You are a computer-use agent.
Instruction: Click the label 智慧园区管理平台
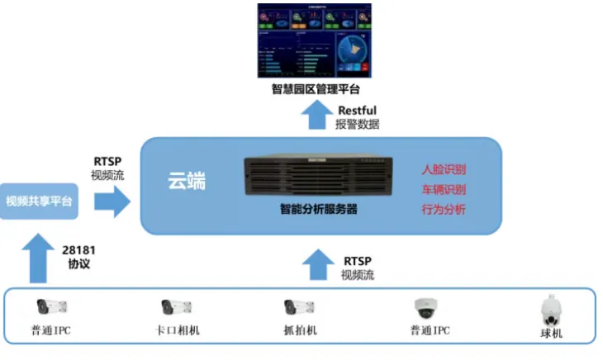coord(316,89)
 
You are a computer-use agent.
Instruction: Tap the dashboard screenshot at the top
coord(314,40)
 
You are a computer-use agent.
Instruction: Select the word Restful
coord(357,111)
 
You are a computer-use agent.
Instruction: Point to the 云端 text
coord(186,180)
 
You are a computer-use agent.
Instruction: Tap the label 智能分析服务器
coord(318,210)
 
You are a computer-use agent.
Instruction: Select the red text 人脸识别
coord(444,170)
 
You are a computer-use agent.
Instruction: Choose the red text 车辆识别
coord(444,190)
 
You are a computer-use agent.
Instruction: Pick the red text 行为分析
coord(444,210)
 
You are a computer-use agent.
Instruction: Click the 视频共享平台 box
coord(39,201)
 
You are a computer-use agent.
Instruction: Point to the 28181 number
coord(78,249)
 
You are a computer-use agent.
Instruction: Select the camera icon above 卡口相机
coord(176,307)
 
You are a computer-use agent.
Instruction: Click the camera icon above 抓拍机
coord(299,307)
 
